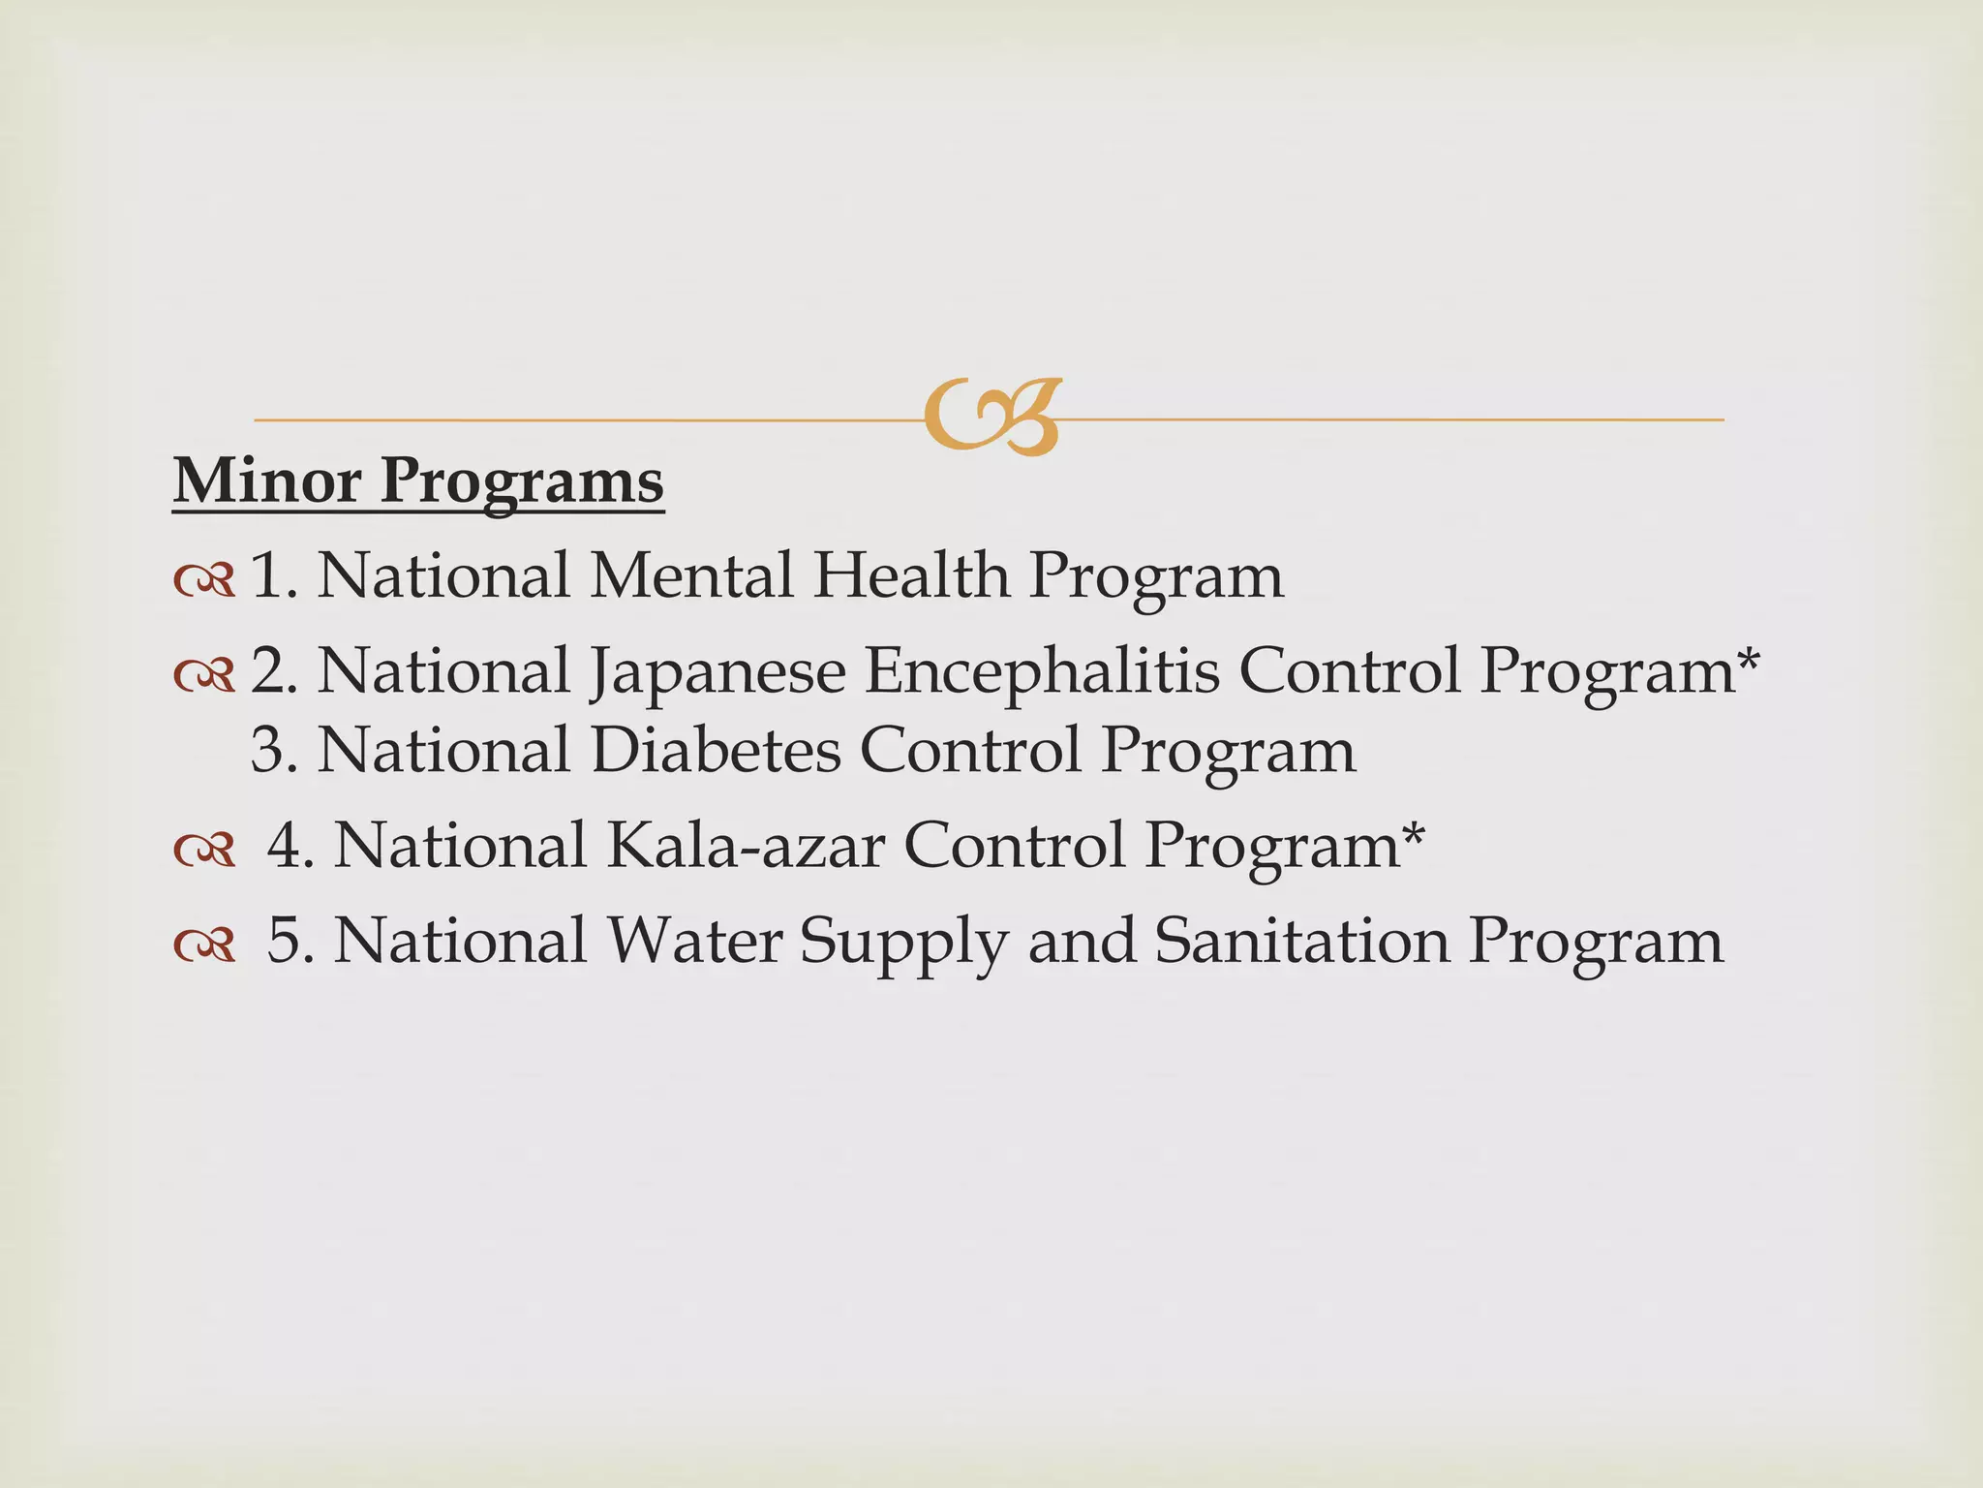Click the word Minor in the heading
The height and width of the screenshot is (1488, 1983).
coord(266,480)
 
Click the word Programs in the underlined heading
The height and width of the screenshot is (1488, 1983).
coord(522,482)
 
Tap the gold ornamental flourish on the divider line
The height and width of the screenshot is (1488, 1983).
coord(991,418)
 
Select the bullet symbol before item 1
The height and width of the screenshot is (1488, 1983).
coord(204,580)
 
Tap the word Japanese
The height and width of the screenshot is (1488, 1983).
coord(717,672)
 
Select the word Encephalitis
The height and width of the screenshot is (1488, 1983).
coord(1042,670)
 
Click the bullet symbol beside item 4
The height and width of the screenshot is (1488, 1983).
coord(204,851)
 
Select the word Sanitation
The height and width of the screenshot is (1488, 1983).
coord(1301,941)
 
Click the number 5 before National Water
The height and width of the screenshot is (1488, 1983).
coord(285,941)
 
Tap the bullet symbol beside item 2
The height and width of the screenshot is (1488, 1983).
coord(204,676)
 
